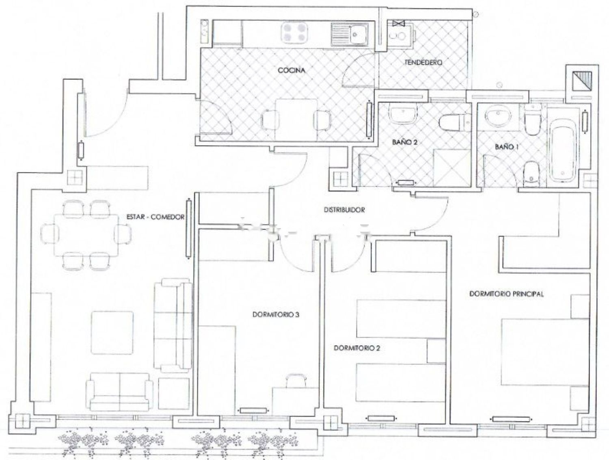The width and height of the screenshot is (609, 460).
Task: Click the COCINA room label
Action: click(x=292, y=70)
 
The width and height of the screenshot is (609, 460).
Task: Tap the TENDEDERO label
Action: click(x=423, y=63)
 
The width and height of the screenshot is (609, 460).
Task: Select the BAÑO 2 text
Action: click(x=405, y=142)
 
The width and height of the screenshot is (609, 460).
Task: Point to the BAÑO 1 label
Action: click(x=507, y=147)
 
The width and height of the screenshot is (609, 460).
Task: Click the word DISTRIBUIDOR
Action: click(x=344, y=210)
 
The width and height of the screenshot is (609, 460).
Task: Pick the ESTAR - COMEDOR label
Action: click(x=155, y=217)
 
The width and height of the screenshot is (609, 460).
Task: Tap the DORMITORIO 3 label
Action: click(x=276, y=315)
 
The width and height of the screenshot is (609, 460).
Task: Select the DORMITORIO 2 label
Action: click(x=357, y=348)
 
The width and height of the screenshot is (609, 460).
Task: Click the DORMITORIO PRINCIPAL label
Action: click(x=506, y=294)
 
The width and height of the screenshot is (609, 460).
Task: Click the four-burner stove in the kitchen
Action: click(x=295, y=33)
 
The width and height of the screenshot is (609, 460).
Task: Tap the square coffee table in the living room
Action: click(x=112, y=333)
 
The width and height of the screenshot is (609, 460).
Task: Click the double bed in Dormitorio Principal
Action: click(x=545, y=352)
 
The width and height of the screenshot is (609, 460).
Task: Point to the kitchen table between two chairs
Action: click(x=296, y=120)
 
